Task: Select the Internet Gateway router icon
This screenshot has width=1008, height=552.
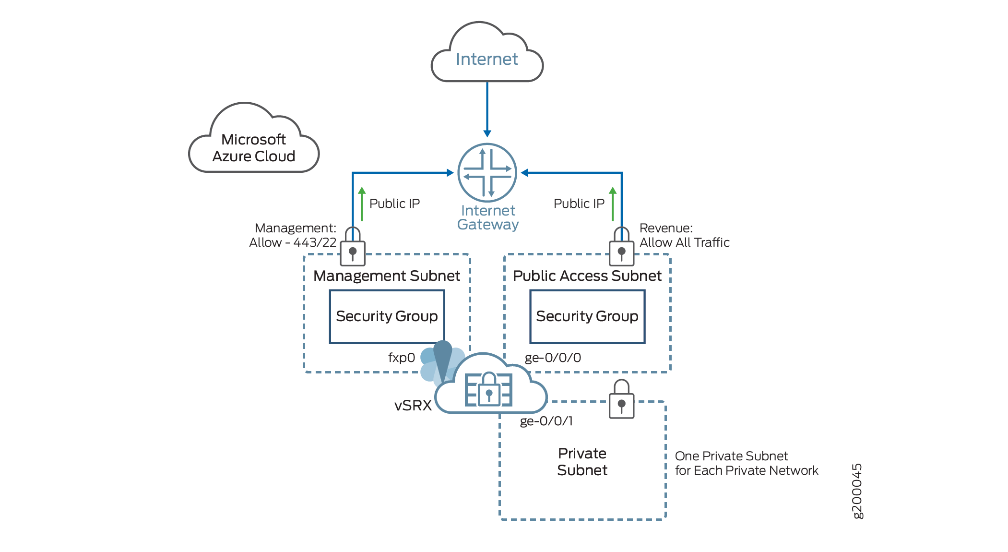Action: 487,172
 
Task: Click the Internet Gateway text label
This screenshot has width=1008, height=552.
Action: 488,217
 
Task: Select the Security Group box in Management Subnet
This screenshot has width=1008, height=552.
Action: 387,316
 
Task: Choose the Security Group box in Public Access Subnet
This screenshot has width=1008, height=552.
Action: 587,316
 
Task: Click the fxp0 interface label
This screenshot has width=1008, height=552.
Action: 402,358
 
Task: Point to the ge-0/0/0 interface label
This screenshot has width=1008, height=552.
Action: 553,358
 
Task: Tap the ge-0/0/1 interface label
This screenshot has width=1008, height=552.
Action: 546,421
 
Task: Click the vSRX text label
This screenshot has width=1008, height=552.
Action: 413,406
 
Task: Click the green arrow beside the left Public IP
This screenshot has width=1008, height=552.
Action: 362,204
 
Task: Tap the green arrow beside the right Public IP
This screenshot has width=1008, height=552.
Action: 613,204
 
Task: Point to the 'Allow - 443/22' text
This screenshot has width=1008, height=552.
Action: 293,242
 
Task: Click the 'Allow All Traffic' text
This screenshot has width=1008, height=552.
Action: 684,242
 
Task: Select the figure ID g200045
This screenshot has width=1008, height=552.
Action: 857,491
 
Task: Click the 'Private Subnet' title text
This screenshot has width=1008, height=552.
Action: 582,462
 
